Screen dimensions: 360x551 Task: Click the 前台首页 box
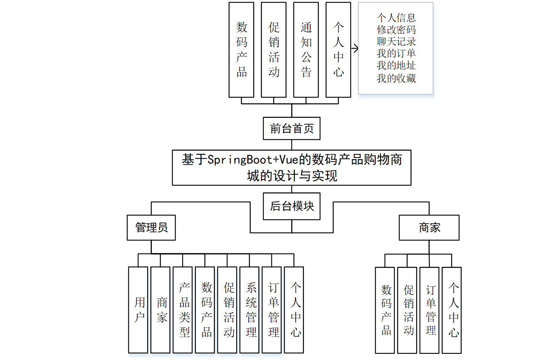coord(292,128)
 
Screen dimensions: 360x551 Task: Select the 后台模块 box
coord(292,206)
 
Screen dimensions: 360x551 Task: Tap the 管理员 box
coord(151,228)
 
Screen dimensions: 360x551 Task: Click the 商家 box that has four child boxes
coord(429,228)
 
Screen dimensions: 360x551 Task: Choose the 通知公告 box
coord(306,50)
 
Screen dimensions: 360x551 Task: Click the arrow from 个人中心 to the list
coord(355,48)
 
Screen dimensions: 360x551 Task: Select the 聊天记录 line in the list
coord(396,41)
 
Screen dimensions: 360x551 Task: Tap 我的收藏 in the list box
coord(396,78)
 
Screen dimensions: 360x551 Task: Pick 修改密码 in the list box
coord(396,29)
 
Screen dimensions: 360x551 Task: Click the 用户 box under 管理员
coord(138,310)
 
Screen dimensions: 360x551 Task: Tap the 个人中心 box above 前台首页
coord(338,50)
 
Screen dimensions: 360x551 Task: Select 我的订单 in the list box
coord(396,53)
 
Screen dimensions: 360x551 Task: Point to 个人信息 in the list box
coord(396,17)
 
